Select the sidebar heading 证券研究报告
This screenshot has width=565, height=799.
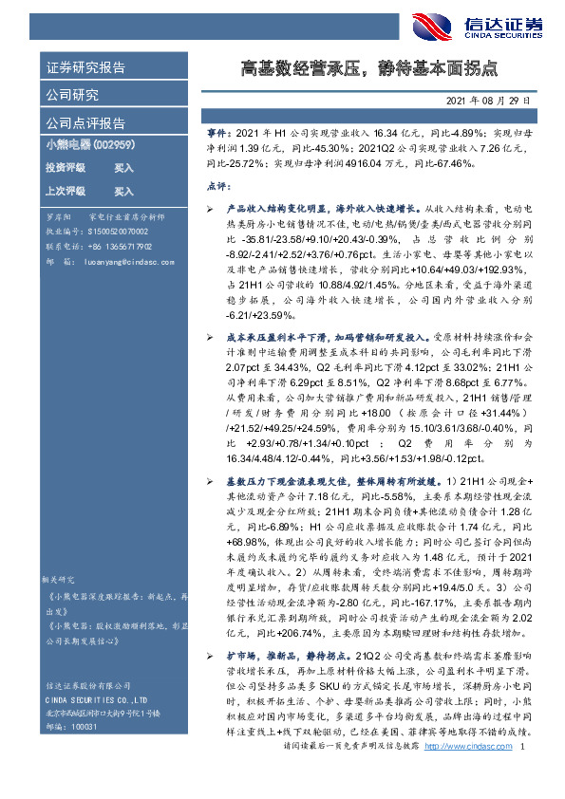click(85, 68)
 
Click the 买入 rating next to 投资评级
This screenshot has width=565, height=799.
click(124, 167)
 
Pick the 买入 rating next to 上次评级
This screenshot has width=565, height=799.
click(124, 191)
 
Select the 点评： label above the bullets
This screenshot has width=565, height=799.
click(219, 187)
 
